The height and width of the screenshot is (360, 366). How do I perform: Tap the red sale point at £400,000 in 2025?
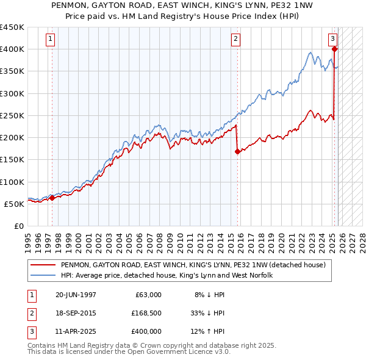coord(335,49)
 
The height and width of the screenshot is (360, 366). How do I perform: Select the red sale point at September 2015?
coord(237,152)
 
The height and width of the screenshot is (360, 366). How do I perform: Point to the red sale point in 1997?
coord(52,198)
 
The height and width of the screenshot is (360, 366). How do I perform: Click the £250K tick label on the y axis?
coord(12,115)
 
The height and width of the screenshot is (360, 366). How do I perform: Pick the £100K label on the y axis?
coord(12,182)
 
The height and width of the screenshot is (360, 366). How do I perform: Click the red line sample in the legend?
coord(43,265)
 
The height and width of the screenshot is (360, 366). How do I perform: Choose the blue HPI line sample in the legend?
coord(43,275)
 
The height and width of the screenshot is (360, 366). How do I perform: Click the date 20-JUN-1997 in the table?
coord(75,295)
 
